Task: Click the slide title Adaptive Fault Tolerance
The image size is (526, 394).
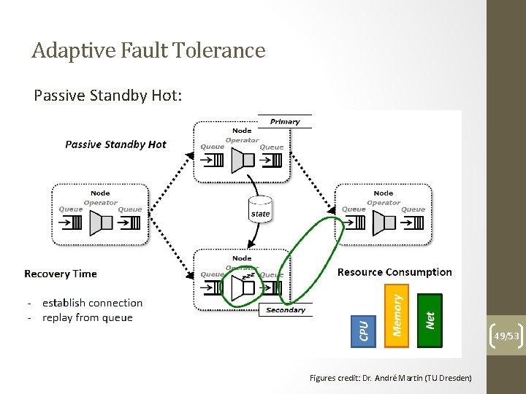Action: coord(148,50)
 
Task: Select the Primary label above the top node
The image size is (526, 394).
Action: coord(285,121)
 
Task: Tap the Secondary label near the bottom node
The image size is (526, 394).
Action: coord(286,310)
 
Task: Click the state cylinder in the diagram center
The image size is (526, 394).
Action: coord(260,209)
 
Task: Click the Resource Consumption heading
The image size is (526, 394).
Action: coord(394,272)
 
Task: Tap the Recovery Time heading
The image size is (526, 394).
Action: coord(61,274)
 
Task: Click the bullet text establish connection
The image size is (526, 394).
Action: coord(92,303)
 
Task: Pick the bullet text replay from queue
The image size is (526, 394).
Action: coord(88,317)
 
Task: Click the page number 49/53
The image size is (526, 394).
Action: coord(506,336)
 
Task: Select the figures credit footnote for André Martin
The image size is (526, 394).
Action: coord(391,378)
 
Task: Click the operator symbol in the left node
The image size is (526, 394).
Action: coord(97,223)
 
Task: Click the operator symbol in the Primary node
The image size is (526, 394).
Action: coord(240,160)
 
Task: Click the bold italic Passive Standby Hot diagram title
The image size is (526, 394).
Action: coord(115,144)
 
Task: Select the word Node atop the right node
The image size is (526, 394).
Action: coord(384,193)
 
